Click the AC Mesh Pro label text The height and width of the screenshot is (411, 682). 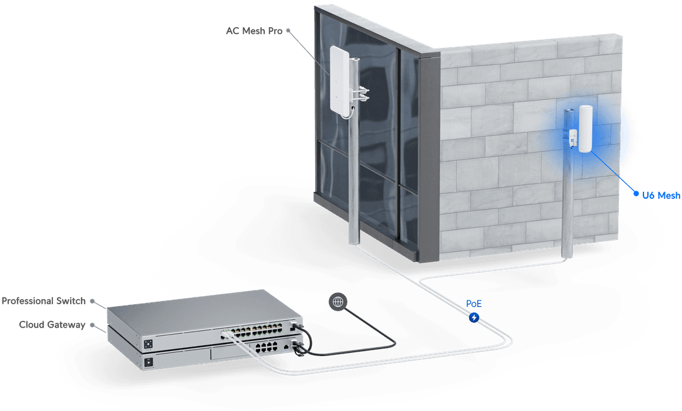254,31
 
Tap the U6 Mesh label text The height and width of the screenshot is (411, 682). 661,196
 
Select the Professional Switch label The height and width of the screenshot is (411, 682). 44,301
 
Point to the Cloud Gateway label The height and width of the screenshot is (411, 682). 52,325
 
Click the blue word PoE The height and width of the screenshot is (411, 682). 474,304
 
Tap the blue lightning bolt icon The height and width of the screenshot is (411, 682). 474,318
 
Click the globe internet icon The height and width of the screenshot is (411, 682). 338,301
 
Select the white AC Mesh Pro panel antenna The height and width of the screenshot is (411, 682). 340,79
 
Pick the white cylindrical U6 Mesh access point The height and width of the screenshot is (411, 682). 585,129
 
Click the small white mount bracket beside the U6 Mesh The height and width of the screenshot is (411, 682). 573,138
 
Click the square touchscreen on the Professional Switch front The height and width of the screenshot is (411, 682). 148,343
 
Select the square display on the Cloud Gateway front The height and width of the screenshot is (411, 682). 149,362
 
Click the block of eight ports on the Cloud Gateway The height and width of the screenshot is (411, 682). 266,347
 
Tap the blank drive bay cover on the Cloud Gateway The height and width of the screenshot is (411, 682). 230,354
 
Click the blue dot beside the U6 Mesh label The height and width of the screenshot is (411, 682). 637,194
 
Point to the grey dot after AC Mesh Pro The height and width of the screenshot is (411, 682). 288,31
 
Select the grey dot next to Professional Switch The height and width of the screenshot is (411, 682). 92,301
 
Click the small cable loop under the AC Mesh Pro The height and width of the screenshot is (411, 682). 347,114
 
